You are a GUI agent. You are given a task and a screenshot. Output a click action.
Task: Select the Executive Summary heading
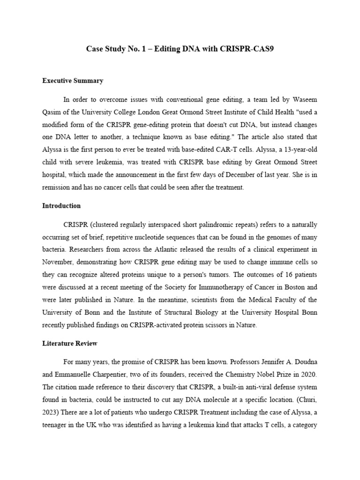73,81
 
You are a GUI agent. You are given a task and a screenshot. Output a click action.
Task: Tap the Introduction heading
61,206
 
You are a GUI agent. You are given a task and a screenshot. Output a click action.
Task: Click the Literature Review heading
70,344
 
